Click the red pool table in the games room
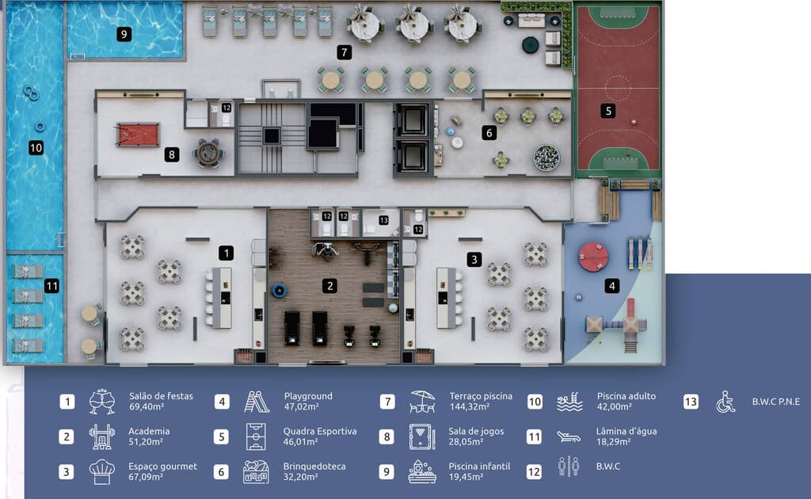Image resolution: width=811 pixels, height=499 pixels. (x=138, y=135)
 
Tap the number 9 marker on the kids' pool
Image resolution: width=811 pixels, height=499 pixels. (x=124, y=34)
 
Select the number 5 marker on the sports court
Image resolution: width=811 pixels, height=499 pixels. (x=608, y=111)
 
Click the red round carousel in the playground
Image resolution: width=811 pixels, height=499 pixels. (x=593, y=257)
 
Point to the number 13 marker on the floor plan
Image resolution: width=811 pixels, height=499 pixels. (x=383, y=220)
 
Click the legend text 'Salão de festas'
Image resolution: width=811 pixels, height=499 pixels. (x=161, y=396)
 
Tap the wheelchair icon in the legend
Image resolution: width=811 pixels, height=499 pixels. (x=725, y=402)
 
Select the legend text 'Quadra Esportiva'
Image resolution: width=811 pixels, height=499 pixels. (x=320, y=431)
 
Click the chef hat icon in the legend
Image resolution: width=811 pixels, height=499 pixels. (x=101, y=471)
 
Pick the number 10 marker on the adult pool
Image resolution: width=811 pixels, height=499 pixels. (x=36, y=148)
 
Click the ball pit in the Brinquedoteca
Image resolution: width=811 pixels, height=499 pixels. (x=546, y=158)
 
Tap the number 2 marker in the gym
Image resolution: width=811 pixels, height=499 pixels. (x=329, y=286)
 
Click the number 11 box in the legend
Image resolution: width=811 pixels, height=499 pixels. (x=534, y=437)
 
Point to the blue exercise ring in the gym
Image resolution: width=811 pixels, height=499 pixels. (x=280, y=291)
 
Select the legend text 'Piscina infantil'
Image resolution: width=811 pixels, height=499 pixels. (x=479, y=466)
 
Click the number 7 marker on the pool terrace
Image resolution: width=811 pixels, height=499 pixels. (x=344, y=52)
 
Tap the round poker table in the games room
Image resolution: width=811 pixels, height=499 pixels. (x=208, y=153)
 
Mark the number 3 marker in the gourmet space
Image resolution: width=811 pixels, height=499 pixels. (x=474, y=259)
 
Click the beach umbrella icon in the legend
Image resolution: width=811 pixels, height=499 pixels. (x=422, y=402)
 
